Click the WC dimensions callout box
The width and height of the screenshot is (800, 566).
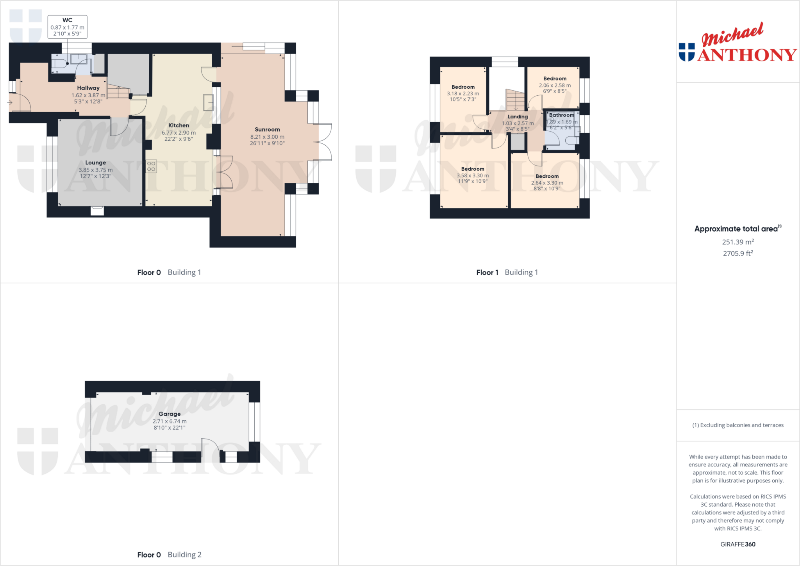(67, 27)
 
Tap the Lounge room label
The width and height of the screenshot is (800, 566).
(96, 162)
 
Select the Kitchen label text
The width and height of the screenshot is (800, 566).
(179, 125)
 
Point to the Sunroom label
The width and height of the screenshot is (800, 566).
(267, 130)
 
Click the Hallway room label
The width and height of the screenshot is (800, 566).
(88, 88)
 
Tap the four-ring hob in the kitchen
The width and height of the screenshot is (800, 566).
(151, 166)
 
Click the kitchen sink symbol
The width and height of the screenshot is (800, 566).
(208, 102)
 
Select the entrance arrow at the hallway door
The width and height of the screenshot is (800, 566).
(10, 103)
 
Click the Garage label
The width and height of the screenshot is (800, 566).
(170, 414)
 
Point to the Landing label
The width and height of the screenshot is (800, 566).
(518, 117)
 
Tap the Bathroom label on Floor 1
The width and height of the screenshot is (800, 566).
(561, 115)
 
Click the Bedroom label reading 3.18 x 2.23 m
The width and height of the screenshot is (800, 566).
(463, 87)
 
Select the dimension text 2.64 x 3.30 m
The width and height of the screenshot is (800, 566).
(547, 183)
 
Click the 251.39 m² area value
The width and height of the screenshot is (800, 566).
(738, 242)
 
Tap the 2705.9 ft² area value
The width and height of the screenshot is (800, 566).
(738, 254)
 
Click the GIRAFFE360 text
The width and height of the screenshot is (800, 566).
(738, 544)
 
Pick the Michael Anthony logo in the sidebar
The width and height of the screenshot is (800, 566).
(737, 43)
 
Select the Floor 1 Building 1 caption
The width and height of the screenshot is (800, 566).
(507, 272)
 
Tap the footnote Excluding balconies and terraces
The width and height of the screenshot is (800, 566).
(738, 425)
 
